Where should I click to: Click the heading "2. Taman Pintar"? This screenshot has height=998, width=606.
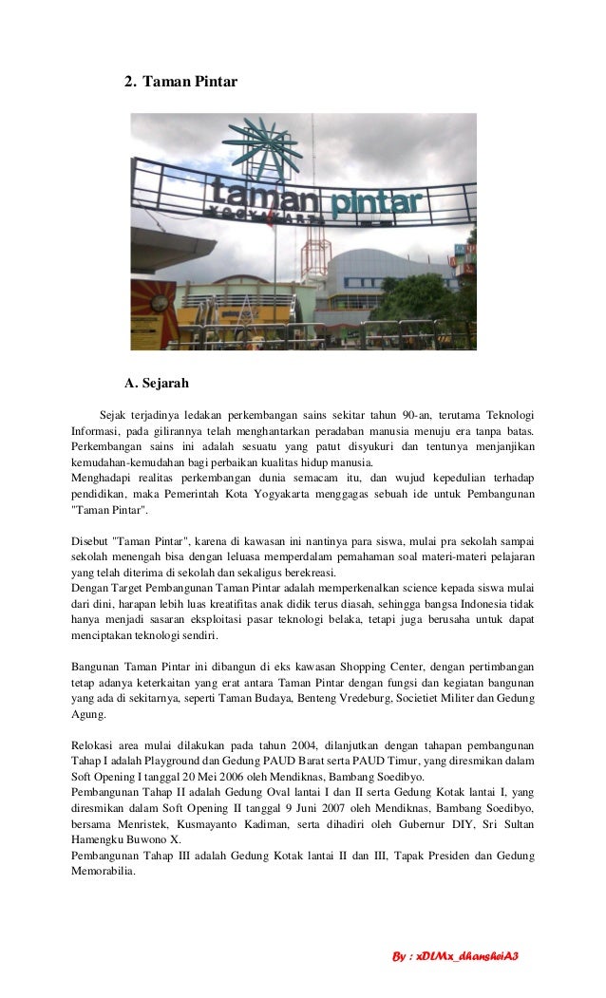coord(180,84)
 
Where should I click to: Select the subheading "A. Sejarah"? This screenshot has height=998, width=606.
coord(158,384)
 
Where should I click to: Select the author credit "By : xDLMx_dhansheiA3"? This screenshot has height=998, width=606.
coord(456,953)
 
